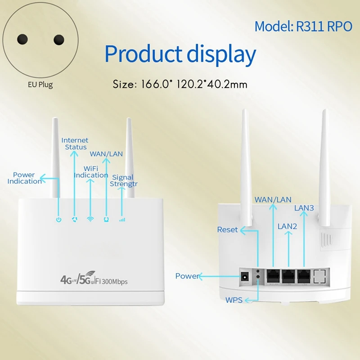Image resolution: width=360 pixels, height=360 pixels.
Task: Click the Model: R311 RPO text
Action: click(x=303, y=27)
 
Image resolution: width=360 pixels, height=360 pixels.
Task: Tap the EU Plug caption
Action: click(x=39, y=85)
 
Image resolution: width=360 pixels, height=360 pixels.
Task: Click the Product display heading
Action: click(x=180, y=54)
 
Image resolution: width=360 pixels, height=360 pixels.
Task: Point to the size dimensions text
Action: click(x=180, y=84)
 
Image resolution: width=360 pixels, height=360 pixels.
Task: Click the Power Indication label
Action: click(x=24, y=178)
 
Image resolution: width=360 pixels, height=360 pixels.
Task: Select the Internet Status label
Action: click(x=75, y=144)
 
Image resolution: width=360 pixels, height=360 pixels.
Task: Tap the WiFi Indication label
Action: click(x=91, y=171)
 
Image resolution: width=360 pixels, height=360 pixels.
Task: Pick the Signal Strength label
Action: click(x=123, y=181)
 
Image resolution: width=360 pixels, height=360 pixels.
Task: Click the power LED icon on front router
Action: click(x=58, y=220)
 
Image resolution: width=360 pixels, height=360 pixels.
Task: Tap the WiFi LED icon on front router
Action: click(x=90, y=220)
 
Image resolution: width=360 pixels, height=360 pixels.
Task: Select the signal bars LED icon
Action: click(x=121, y=220)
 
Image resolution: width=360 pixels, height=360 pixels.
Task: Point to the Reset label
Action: click(x=227, y=230)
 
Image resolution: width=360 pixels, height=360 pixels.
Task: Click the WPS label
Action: click(x=234, y=300)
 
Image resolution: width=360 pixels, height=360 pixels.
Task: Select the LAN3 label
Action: click(x=304, y=208)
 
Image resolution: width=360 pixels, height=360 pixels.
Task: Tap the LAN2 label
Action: click(x=287, y=226)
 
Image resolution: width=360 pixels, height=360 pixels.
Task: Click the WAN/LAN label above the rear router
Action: click(x=273, y=199)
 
